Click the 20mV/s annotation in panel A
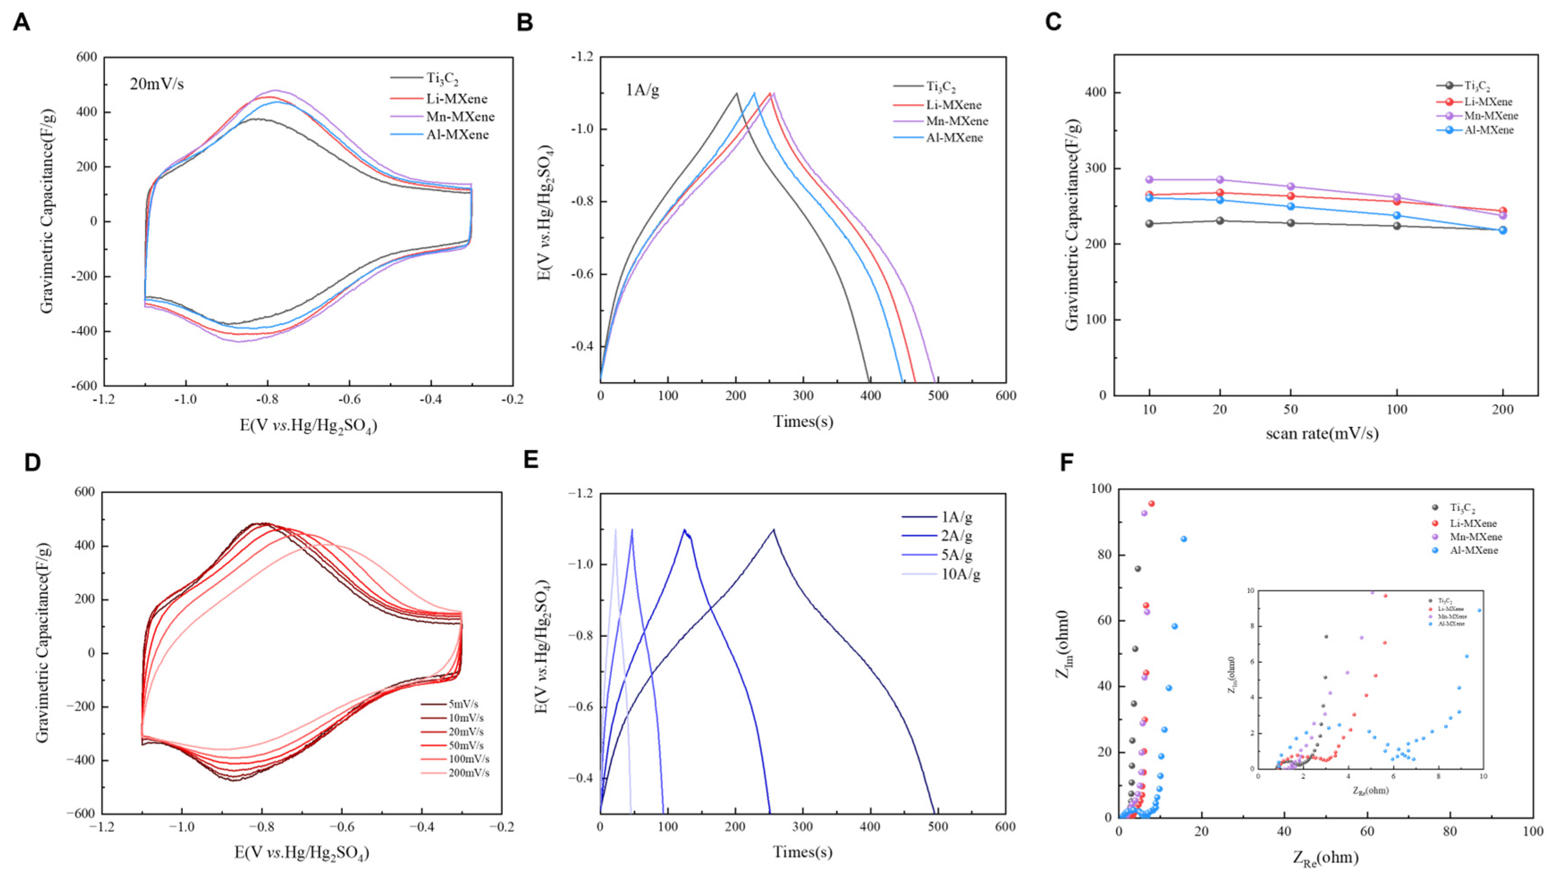(x=156, y=84)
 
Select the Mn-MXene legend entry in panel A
(x=460, y=117)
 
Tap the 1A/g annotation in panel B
(x=643, y=91)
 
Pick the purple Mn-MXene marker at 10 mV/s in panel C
(x=1149, y=180)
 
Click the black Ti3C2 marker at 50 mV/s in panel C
(x=1291, y=223)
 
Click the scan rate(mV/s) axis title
(x=1322, y=433)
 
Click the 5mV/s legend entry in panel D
(x=463, y=705)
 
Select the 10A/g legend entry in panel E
(x=960, y=574)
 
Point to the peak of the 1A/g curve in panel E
(x=773, y=530)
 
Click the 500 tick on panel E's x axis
(x=938, y=827)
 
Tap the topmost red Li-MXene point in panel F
(x=1151, y=504)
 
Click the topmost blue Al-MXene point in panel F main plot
(x=1183, y=539)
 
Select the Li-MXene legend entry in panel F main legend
(x=1473, y=523)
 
